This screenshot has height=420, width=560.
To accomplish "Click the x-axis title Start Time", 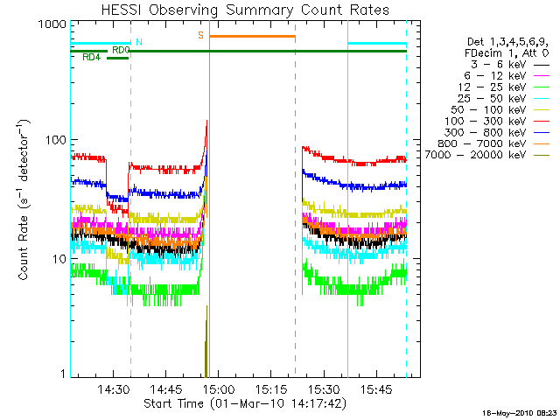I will click(245, 404).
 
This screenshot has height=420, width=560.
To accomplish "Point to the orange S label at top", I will click(201, 35).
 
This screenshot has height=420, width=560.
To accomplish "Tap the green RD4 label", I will click(90, 58).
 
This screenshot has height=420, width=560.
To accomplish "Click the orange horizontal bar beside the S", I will click(252, 36).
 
